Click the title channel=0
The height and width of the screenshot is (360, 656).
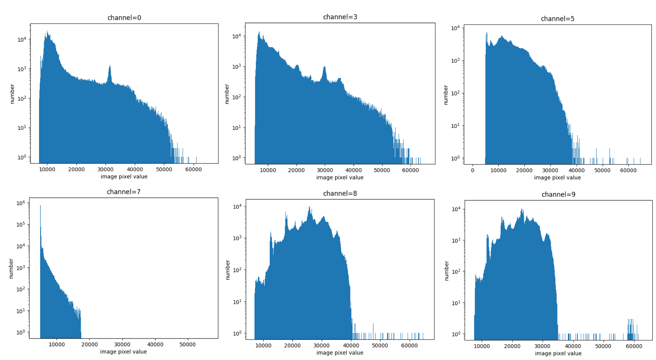[124, 18]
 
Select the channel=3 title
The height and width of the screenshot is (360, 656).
[340, 17]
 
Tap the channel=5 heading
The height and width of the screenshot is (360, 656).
[557, 19]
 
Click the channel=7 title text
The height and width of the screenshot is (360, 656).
[124, 192]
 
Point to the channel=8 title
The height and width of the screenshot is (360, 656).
[340, 193]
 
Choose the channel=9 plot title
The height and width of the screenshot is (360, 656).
[558, 194]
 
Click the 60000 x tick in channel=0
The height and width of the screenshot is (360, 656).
[193, 170]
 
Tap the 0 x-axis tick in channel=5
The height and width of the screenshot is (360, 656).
[473, 171]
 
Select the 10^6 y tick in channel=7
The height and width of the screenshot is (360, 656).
[21, 203]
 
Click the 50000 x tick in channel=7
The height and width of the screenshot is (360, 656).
[187, 344]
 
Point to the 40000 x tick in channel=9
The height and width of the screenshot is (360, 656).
[573, 346]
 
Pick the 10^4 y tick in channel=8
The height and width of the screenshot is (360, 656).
[237, 207]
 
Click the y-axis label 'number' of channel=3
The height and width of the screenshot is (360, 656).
[227, 94]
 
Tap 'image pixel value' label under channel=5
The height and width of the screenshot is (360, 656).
[557, 178]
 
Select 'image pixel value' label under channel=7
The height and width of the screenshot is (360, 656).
[123, 352]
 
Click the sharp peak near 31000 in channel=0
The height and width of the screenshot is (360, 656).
[110, 68]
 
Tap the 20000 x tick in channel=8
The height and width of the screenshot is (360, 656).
[292, 345]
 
